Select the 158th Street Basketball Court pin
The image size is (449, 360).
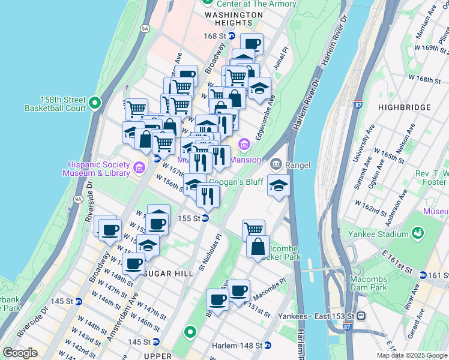(x=94, y=104)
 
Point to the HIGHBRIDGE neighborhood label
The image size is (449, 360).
(x=405, y=107)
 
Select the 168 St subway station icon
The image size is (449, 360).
(x=231, y=36)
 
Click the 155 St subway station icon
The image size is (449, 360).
(x=205, y=218)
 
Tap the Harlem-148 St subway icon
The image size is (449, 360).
(x=268, y=346)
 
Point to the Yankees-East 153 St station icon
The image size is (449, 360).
(x=361, y=315)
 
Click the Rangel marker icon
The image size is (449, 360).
(x=276, y=163)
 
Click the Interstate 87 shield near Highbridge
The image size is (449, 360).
(x=358, y=104)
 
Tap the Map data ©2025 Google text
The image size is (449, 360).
(x=411, y=355)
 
